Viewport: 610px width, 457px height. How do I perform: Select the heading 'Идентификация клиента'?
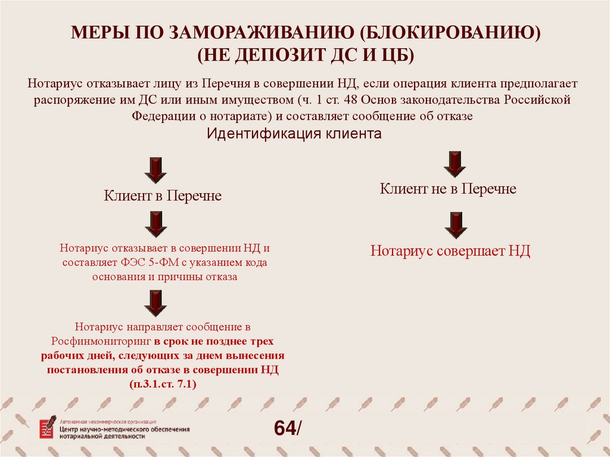pyautogui.click(x=294, y=133)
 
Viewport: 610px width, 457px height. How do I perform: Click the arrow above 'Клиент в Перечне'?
pyautogui.click(x=155, y=170)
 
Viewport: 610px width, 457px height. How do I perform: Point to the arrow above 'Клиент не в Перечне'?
pyautogui.click(x=455, y=164)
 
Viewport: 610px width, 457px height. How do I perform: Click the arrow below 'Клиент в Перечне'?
pyautogui.click(x=155, y=224)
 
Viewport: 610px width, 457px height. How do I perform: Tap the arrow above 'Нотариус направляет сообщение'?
pyautogui.click(x=155, y=303)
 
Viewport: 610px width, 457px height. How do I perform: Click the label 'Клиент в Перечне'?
pyautogui.click(x=163, y=196)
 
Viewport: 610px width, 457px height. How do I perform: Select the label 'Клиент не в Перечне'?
pyautogui.click(x=448, y=189)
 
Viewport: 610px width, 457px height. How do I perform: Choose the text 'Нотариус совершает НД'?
pyautogui.click(x=450, y=251)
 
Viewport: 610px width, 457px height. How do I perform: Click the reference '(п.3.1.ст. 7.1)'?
pyautogui.click(x=163, y=385)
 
